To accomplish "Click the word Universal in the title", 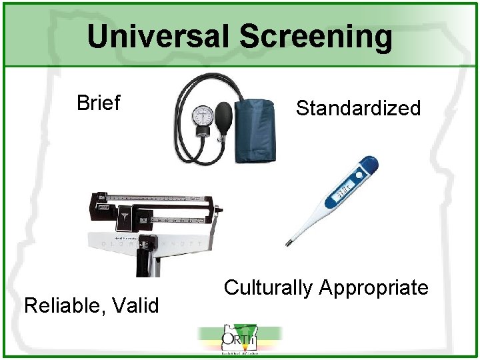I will (x=159, y=37).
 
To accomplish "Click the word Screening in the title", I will (x=316, y=37).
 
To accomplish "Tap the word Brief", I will (x=98, y=103).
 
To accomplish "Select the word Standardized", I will (x=358, y=108).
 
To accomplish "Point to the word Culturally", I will (x=268, y=288).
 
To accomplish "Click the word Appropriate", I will (x=373, y=288).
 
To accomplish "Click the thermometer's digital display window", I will (x=343, y=191).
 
